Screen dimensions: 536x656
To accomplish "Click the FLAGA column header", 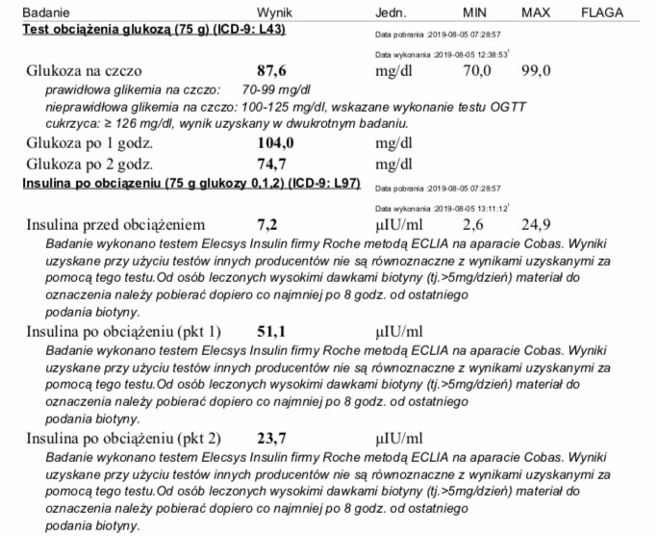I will point(602,13).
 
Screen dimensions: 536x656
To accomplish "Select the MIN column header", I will point(475,13).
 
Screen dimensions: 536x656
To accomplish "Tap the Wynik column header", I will point(274,13).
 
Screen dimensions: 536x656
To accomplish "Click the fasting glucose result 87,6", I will point(271,70).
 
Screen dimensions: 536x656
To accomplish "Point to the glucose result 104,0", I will point(275,142).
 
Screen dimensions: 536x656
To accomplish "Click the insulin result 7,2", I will point(266,224).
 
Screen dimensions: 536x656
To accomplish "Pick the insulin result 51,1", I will point(271,331).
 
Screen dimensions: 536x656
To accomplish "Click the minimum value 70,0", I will point(477,70).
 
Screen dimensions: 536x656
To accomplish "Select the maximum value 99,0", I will point(536,70).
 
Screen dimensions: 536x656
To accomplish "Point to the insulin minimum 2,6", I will point(472,224).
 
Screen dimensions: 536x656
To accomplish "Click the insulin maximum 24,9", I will point(536,224).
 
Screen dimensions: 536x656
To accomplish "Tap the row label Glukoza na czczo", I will point(85,70).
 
